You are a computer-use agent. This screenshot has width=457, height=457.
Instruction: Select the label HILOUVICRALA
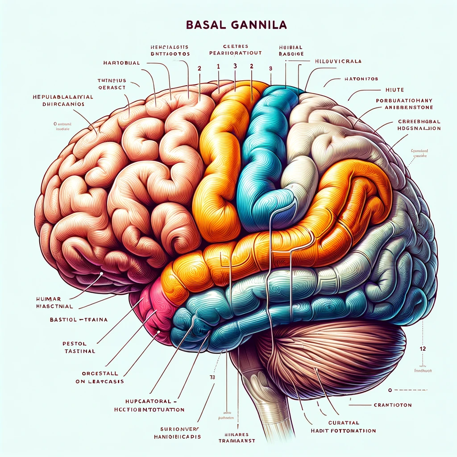click(338, 61)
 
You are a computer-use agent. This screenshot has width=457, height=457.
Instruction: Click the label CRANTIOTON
click(391, 405)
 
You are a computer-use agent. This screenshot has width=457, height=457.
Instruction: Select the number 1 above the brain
click(218, 66)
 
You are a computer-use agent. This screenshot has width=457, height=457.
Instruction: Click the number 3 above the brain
click(235, 66)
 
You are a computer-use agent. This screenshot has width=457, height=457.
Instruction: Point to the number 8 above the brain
click(270, 69)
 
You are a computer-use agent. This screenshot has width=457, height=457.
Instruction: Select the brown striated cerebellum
click(330, 353)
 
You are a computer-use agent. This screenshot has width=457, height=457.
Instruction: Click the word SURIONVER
click(175, 428)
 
